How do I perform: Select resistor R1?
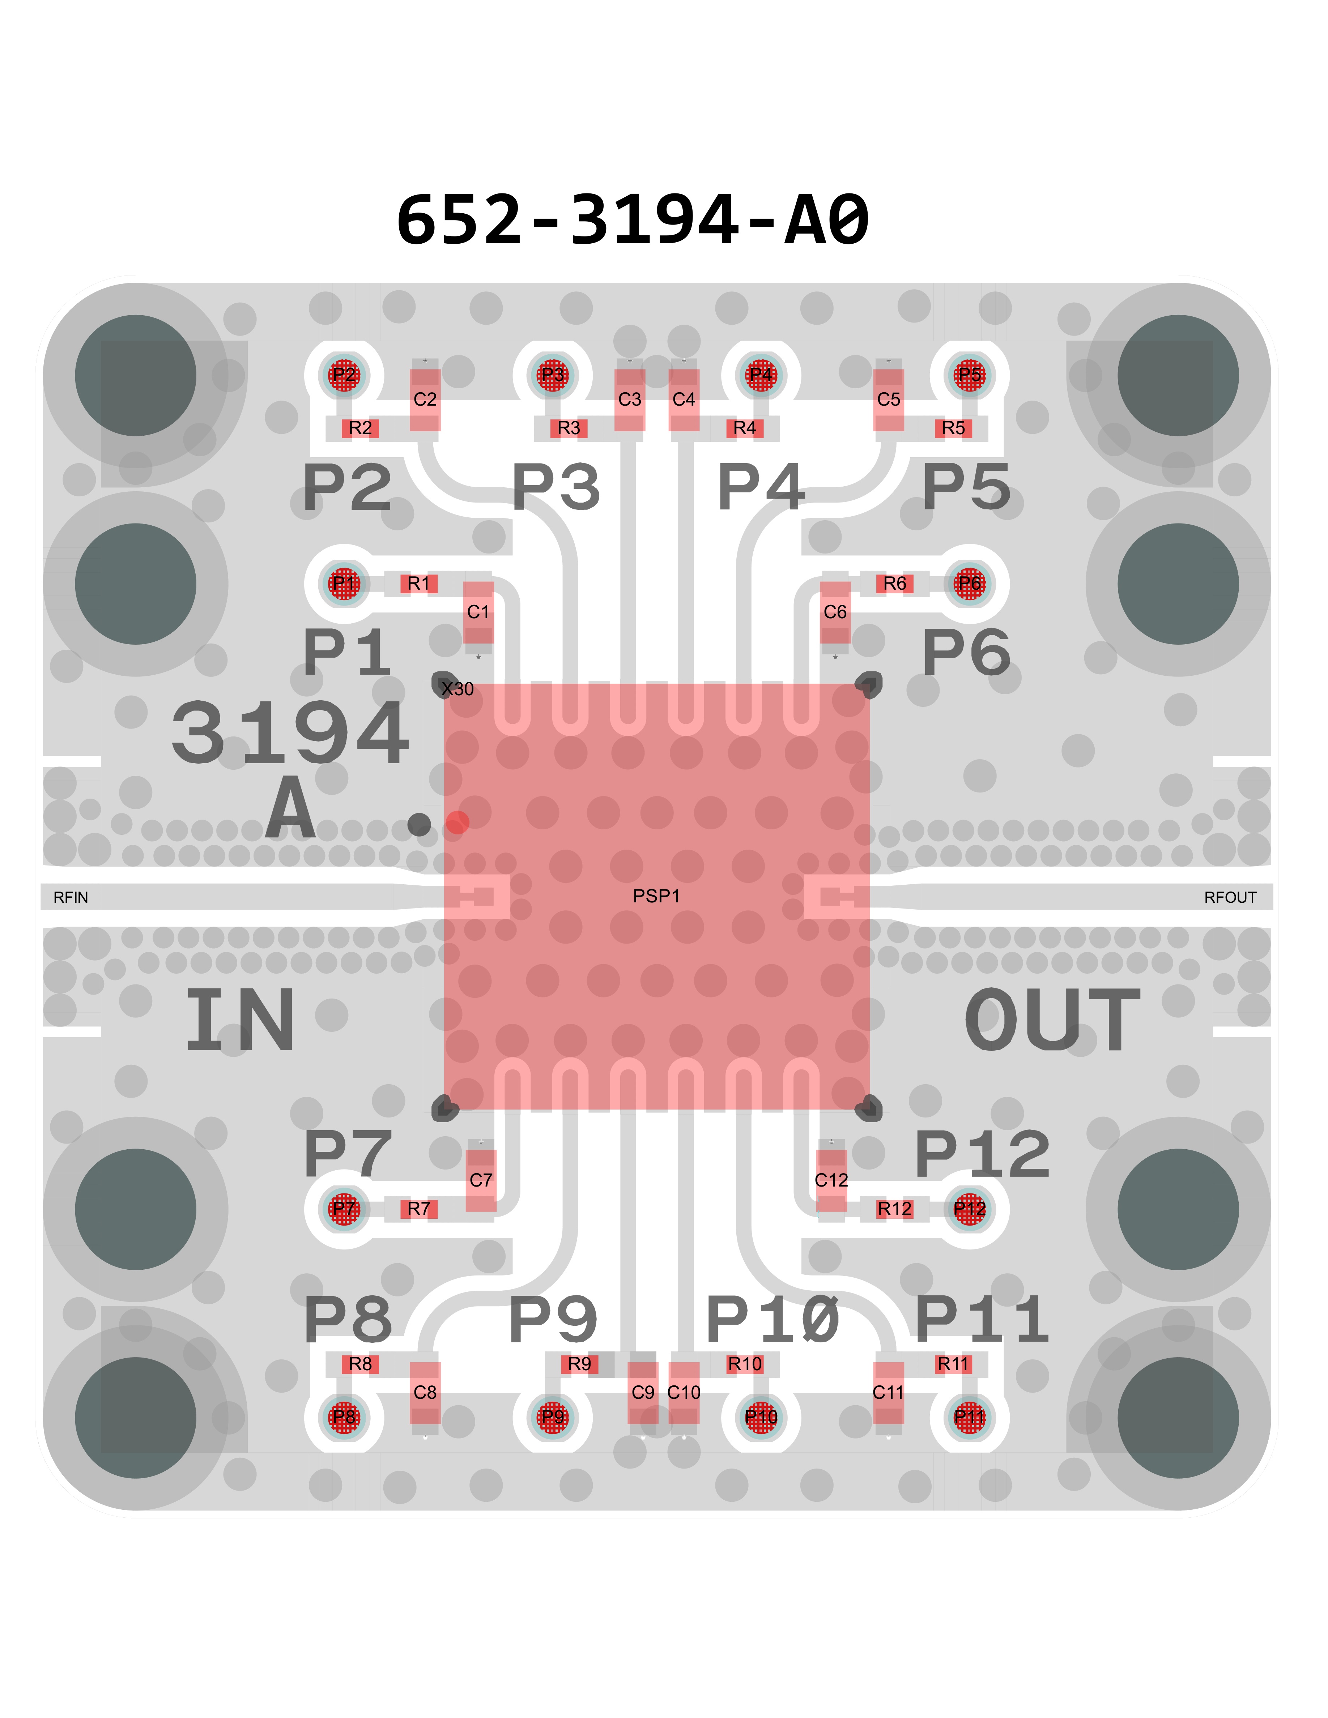tap(418, 584)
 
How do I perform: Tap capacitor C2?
tap(425, 399)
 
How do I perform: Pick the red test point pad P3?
tap(552, 375)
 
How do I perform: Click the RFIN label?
tap(71, 898)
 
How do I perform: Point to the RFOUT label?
tap(1230, 898)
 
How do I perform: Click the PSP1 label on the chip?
tap(656, 896)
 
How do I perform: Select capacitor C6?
tap(835, 612)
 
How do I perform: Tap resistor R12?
tap(894, 1209)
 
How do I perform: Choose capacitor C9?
tap(643, 1392)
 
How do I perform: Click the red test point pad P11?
tap(969, 1417)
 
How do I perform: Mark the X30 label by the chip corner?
tap(458, 689)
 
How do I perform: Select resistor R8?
tap(360, 1364)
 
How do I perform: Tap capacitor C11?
tap(888, 1392)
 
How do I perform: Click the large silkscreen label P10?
tap(772, 1319)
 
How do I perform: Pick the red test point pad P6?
tap(969, 584)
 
